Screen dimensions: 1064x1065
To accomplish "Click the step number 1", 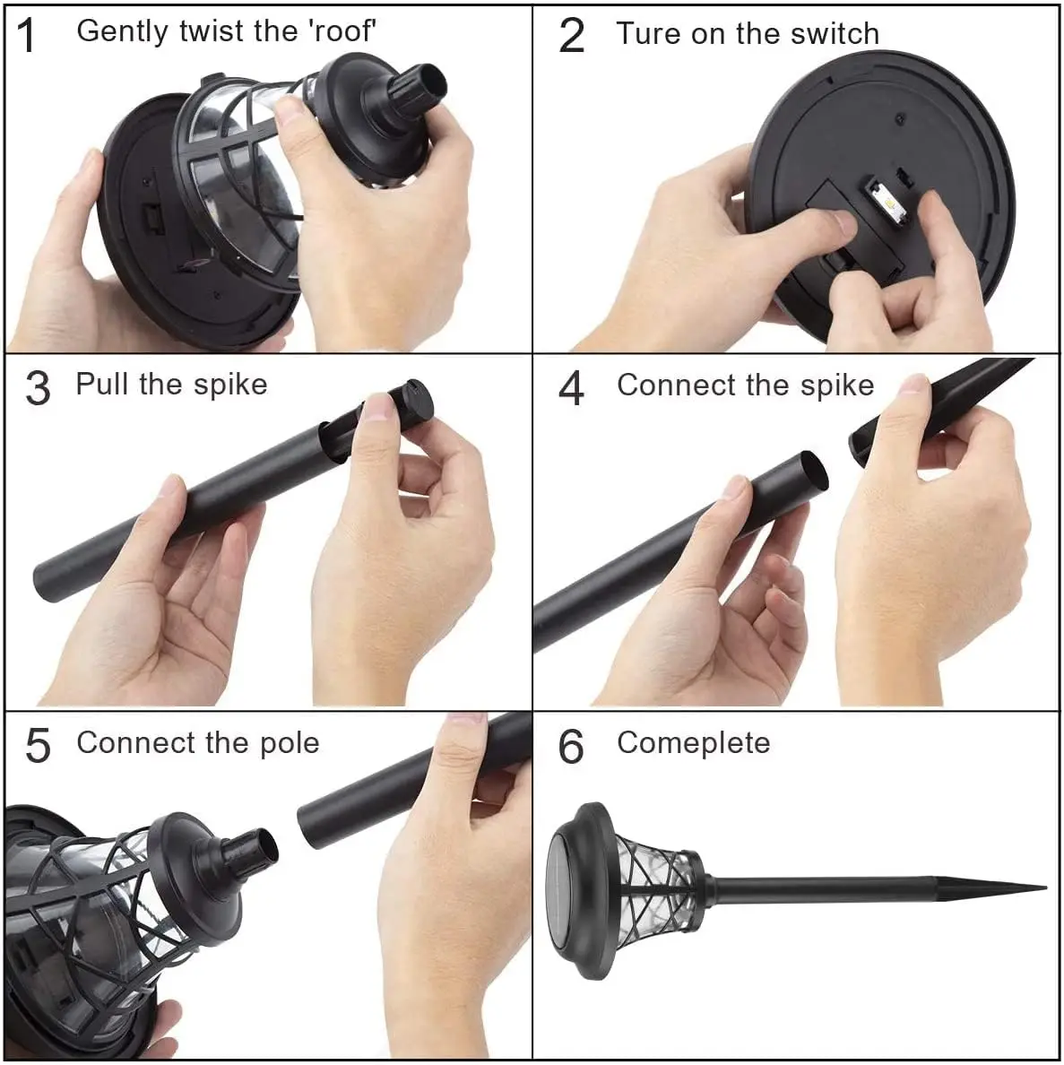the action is [x=27, y=35].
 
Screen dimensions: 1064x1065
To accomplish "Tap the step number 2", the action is [x=572, y=35].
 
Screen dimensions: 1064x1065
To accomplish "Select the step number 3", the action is [x=38, y=388].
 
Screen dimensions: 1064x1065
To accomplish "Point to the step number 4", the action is [x=572, y=388].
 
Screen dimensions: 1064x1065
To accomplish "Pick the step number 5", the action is [x=38, y=746].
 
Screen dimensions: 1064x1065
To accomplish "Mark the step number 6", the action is [x=571, y=746].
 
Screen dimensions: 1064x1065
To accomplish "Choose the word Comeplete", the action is [x=693, y=744].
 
